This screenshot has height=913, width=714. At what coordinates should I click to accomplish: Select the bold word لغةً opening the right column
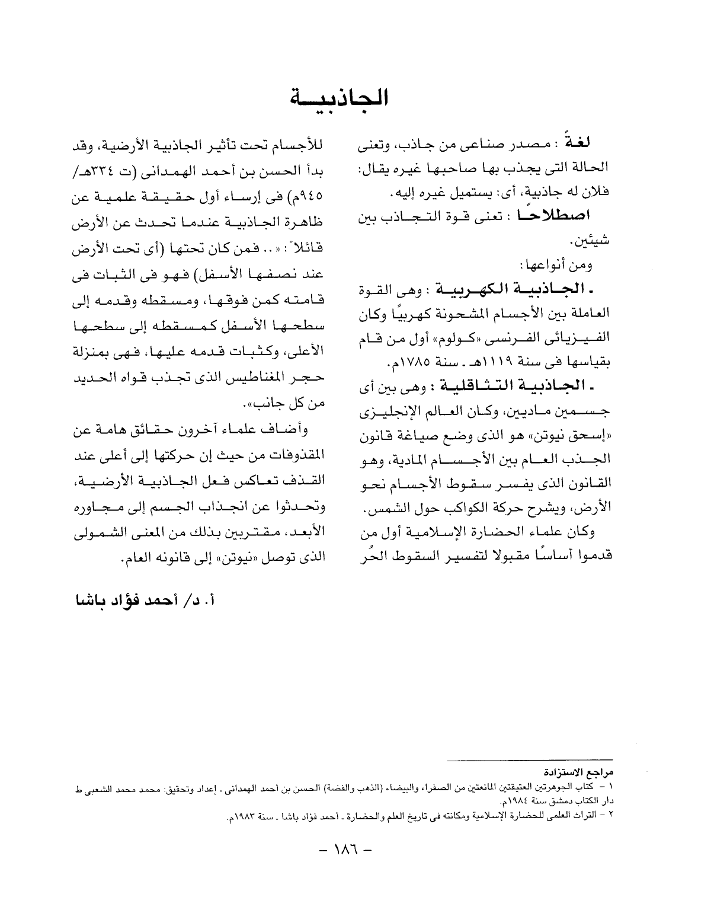click(x=593, y=146)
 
